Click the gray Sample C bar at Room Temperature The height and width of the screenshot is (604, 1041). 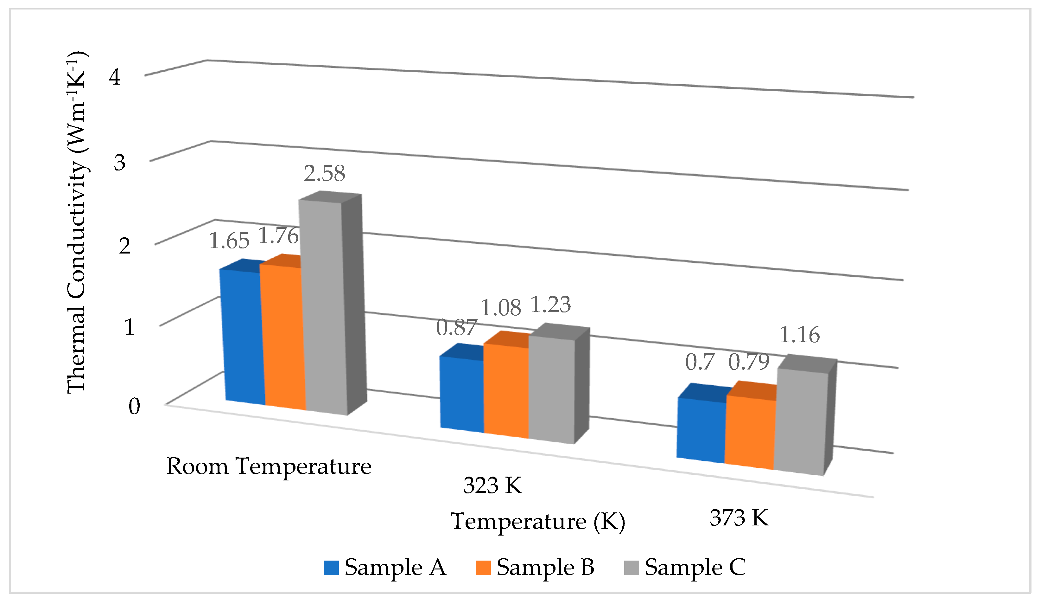pos(323,306)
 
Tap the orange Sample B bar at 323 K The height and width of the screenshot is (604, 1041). pos(506,391)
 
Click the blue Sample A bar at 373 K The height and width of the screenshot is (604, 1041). pos(701,430)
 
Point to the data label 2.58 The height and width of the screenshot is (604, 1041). pos(325,174)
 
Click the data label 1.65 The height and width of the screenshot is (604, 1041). pos(229,241)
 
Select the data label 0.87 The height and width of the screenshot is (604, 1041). pos(456,328)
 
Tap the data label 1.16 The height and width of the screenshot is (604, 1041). pos(799,335)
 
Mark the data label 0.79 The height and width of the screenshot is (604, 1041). pos(749,363)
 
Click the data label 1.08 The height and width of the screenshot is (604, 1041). pos(501,308)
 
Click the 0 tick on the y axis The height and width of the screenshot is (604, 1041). pos(134,406)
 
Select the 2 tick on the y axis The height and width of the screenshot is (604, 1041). pos(125,246)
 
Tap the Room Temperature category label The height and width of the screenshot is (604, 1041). pos(269,466)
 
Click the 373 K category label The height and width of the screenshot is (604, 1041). pos(739,517)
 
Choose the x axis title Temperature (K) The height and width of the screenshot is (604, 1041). pos(538,521)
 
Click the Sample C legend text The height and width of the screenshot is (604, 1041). pos(695,567)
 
